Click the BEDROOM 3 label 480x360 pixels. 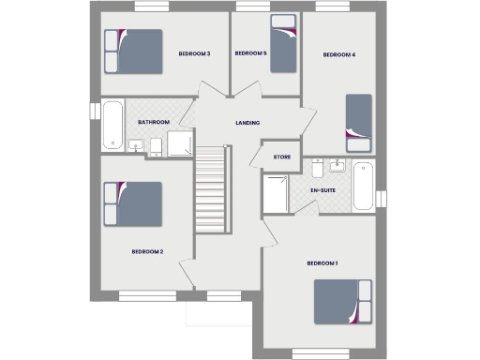194,53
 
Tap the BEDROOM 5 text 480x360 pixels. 250,53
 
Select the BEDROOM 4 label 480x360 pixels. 338,54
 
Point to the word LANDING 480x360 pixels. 247,123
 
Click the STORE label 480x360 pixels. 281,157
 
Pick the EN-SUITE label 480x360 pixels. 323,191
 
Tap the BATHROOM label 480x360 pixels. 153,122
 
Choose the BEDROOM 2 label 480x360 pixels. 147,251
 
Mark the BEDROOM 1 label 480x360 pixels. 322,263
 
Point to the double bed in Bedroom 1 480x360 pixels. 343,302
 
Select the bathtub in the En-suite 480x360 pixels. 363,186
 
